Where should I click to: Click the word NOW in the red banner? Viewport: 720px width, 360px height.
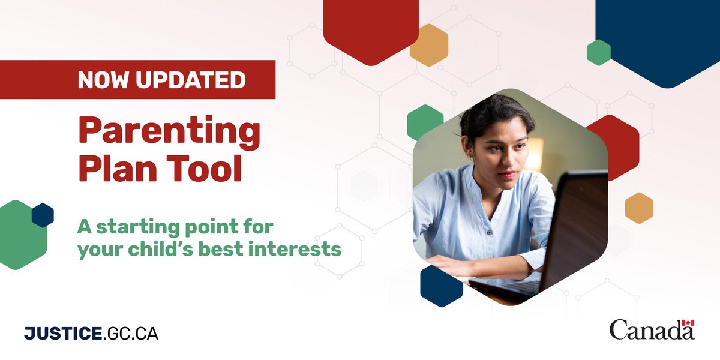101,80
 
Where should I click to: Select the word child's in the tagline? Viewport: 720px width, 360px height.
165,248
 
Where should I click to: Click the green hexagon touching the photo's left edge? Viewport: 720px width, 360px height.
424,122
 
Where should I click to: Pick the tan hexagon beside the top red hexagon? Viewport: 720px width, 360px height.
429,45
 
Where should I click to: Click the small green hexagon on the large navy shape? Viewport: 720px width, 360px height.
598,52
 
